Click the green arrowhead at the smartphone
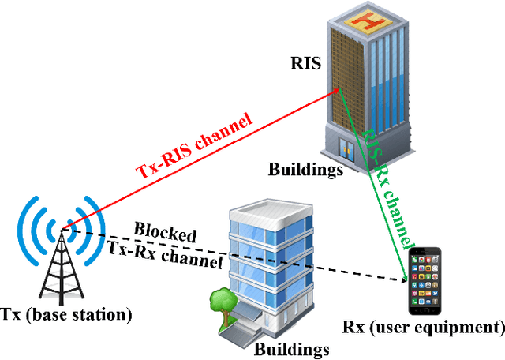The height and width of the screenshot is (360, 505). (x=407, y=276)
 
